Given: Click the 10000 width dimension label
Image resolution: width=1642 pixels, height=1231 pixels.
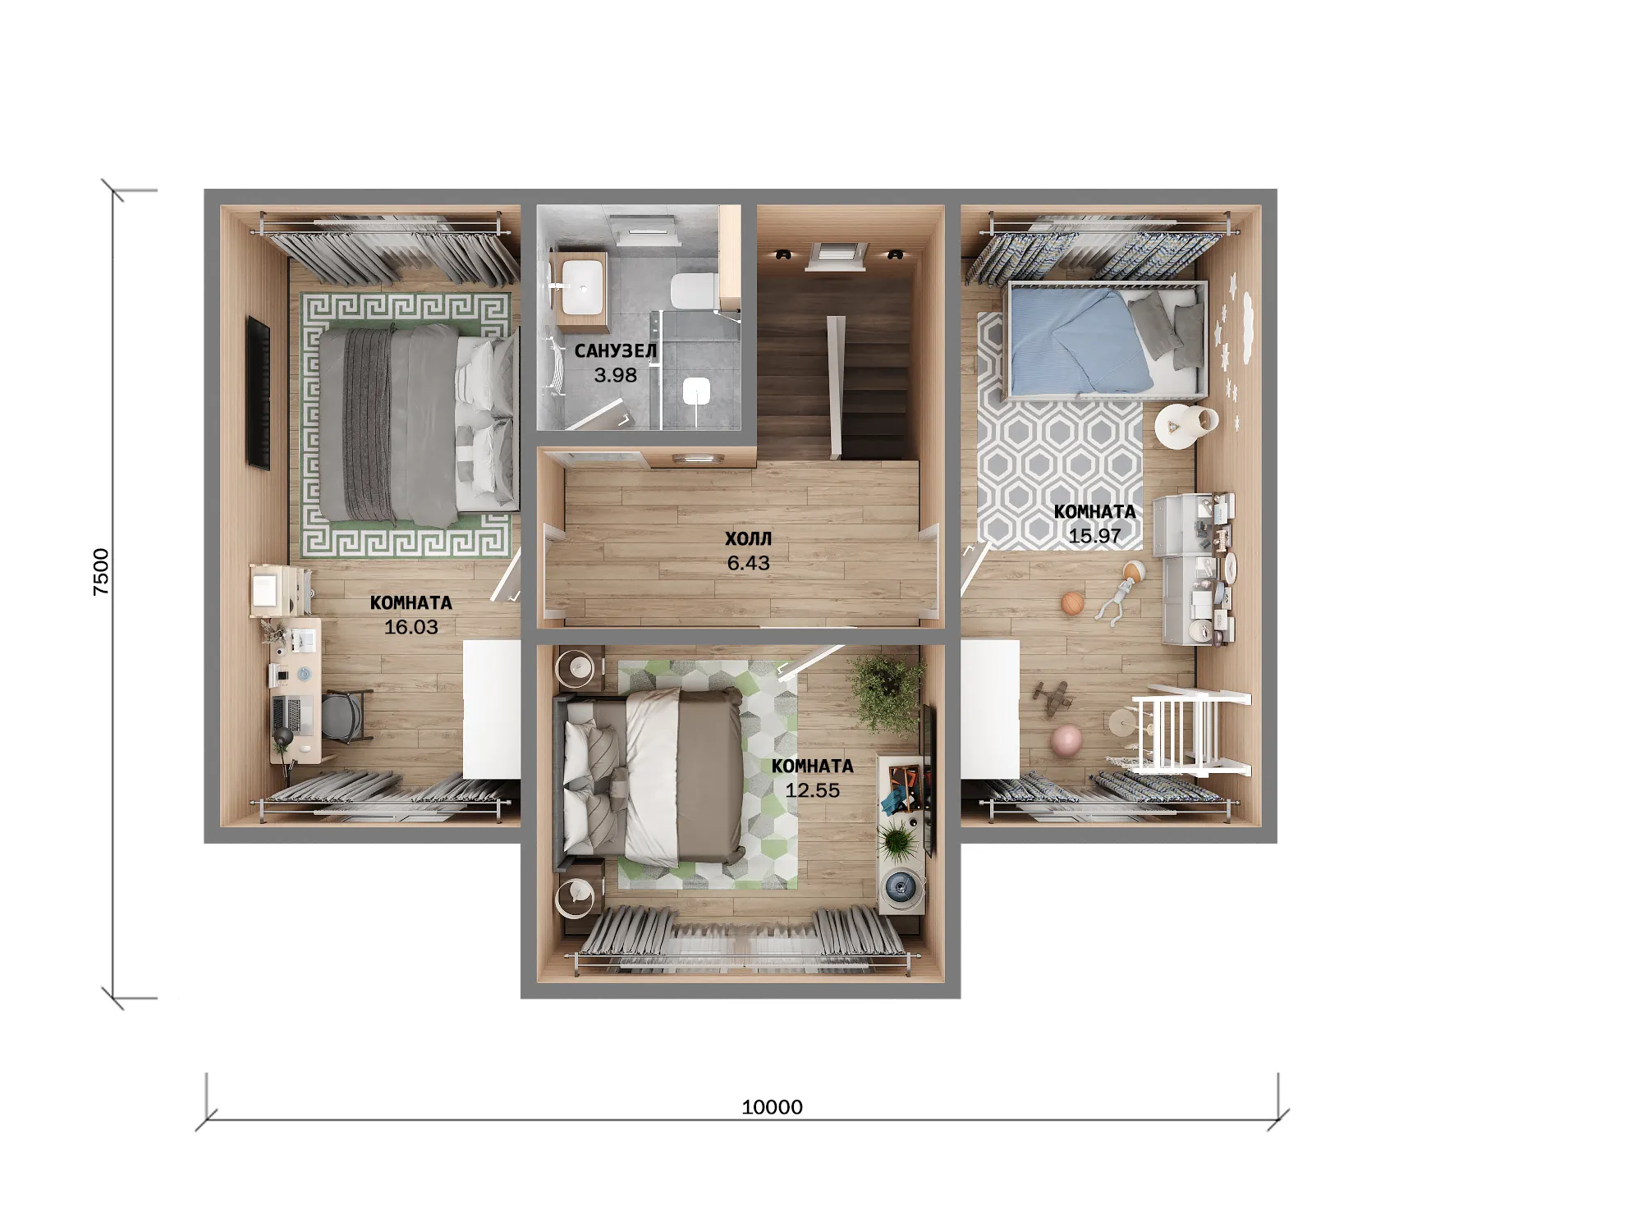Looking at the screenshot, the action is click(x=772, y=1107).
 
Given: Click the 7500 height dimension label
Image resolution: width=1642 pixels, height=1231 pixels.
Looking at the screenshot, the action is click(x=101, y=571).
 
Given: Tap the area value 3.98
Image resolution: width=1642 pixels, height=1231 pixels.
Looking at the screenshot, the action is click(x=616, y=375).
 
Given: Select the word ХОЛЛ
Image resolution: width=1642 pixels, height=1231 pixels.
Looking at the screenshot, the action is click(x=748, y=538).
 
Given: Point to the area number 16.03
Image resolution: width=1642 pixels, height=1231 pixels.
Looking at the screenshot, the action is click(x=411, y=627).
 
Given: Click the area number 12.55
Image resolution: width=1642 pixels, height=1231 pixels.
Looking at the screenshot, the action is click(x=812, y=790).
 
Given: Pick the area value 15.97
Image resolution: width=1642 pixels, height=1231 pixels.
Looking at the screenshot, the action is click(x=1094, y=536).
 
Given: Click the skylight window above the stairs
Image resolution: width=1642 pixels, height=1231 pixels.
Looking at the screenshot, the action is click(x=836, y=255).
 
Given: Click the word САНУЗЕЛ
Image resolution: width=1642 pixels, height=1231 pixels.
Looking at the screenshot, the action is click(x=616, y=351).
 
